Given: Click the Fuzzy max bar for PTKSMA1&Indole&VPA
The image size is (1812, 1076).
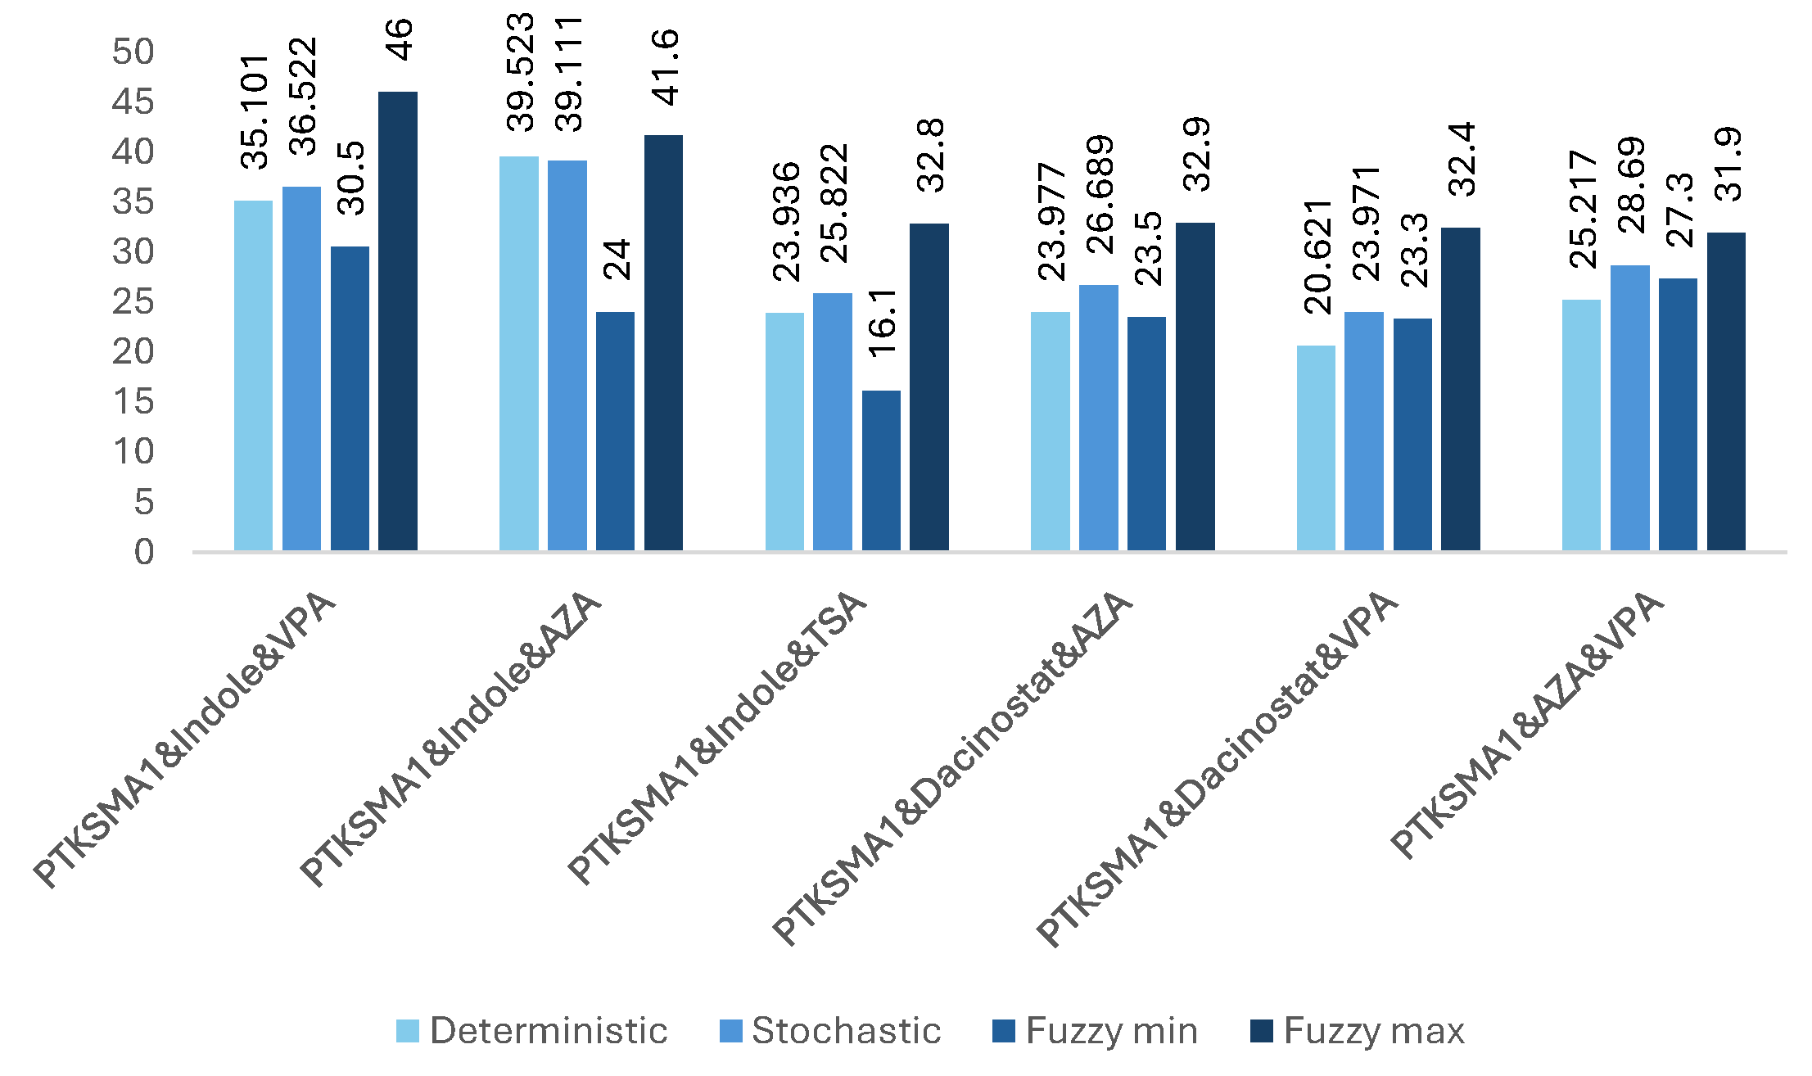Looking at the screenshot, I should pyautogui.click(x=398, y=321).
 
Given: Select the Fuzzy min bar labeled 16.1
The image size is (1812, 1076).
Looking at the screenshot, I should pyautogui.click(x=881, y=470).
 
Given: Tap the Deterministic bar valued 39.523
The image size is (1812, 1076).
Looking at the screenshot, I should pyautogui.click(x=519, y=353).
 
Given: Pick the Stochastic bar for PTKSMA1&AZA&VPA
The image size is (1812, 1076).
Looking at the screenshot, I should pyautogui.click(x=1629, y=408).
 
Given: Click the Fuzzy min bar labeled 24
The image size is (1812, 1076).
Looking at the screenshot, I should pyautogui.click(x=615, y=431).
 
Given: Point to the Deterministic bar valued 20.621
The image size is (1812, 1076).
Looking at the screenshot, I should pyautogui.click(x=1316, y=448).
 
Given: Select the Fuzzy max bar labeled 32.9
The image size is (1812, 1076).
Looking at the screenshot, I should pyautogui.click(x=1195, y=387).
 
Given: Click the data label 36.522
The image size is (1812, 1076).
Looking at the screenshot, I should pyautogui.click(x=303, y=97).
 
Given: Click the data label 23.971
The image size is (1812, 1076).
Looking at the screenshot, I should pyautogui.click(x=1365, y=223).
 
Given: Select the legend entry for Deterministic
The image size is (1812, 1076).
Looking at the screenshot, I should pyautogui.click(x=532, y=1031).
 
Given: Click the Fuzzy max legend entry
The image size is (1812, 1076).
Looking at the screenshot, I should pyautogui.click(x=1358, y=1031).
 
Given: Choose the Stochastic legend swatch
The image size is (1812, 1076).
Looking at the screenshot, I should pyautogui.click(x=730, y=1031).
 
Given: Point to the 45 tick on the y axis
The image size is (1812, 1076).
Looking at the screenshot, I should pyautogui.click(x=133, y=102).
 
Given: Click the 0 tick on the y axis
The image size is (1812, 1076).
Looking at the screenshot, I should pyautogui.click(x=144, y=553).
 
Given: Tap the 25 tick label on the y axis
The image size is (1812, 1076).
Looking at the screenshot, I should pyautogui.click(x=133, y=302).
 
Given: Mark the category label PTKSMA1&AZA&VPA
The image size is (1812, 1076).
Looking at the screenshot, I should pyautogui.click(x=1527, y=725).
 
